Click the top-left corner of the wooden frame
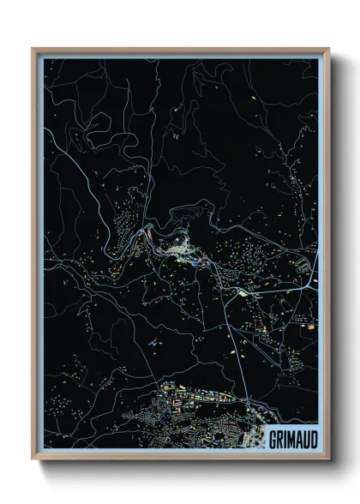point(33,49)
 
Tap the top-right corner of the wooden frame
point(328,49)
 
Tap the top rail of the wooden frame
point(180,51)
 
